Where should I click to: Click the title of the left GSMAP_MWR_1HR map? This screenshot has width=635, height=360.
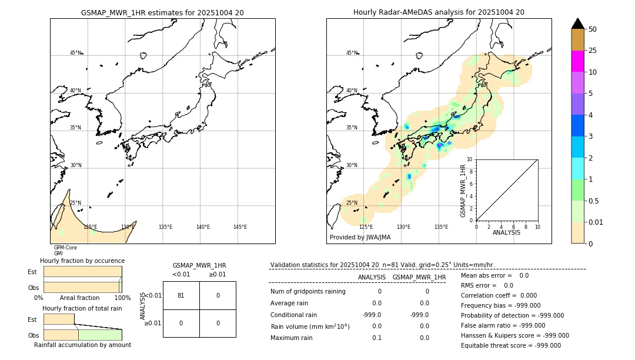click(x=162, y=12)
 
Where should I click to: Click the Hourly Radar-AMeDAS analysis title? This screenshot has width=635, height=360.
click(x=439, y=12)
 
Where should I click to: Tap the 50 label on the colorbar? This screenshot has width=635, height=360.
click(x=593, y=29)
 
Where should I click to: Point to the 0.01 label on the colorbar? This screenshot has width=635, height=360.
click(x=596, y=222)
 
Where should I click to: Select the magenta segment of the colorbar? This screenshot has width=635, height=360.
click(x=577, y=61)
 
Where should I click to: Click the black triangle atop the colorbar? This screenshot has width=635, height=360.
click(x=577, y=24)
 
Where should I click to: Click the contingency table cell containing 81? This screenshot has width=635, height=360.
click(x=181, y=295)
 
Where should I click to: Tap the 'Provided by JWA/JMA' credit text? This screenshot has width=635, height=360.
click(x=360, y=238)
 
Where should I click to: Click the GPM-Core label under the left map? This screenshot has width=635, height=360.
click(x=65, y=248)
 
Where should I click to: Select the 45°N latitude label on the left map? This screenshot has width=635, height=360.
click(x=75, y=53)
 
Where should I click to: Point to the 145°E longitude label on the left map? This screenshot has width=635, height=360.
click(x=240, y=227)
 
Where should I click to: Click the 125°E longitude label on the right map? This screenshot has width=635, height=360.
click(x=366, y=227)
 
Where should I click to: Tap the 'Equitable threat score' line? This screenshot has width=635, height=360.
click(x=510, y=345)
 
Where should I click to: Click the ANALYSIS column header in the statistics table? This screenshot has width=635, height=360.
click(x=372, y=277)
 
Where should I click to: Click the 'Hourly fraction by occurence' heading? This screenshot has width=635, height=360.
click(x=82, y=261)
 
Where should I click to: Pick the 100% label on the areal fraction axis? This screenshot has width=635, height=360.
click(x=122, y=298)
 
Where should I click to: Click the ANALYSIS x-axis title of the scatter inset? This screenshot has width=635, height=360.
click(x=506, y=232)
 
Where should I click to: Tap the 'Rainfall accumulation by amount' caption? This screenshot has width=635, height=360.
click(x=82, y=345)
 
